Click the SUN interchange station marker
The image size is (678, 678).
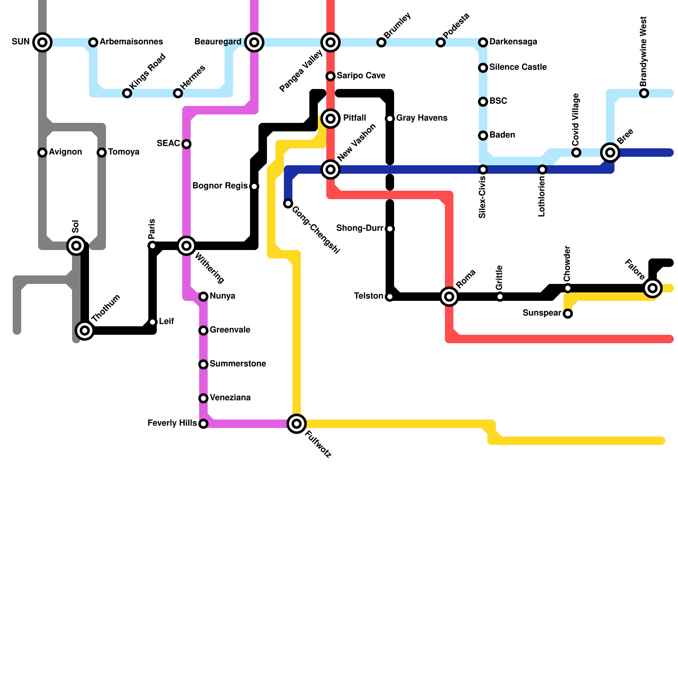coord(42,42)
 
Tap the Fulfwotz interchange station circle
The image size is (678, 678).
coord(297,423)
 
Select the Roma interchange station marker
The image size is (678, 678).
coord(449,296)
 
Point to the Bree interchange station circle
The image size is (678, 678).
coord(610,153)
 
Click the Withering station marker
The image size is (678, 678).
coord(186,246)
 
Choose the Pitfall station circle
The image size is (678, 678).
coord(331,118)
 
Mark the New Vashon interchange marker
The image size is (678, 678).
coord(331,169)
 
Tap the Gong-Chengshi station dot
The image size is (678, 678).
coord(288,203)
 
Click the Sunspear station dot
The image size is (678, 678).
coord(568,314)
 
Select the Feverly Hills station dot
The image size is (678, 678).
coord(203,424)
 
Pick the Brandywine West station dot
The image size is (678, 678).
coord(644,93)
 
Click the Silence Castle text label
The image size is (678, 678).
coord(518,67)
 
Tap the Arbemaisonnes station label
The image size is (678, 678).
coord(131,42)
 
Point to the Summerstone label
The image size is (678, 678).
coord(238,364)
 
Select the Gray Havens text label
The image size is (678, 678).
coord(422,118)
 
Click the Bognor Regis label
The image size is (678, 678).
coord(220,186)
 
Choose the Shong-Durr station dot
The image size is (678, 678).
coord(390,229)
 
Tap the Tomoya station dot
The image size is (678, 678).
coord(102,153)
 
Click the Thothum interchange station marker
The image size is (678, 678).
coord(85,330)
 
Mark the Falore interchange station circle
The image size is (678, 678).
coord(653,288)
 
